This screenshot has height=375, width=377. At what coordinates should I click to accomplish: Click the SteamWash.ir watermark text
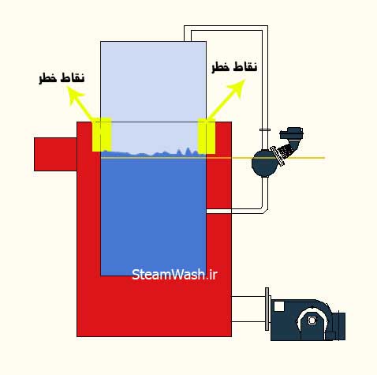click(x=174, y=275)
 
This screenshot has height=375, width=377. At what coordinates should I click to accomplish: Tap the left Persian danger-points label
click(x=62, y=78)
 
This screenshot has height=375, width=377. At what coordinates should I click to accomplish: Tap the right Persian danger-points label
click(x=234, y=66)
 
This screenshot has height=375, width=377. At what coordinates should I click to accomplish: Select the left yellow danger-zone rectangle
click(x=102, y=134)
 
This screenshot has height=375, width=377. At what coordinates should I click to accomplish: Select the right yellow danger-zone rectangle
click(x=207, y=136)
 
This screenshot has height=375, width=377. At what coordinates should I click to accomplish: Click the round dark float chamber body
click(x=263, y=163)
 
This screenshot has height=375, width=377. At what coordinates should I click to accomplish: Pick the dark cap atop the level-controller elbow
click(x=291, y=133)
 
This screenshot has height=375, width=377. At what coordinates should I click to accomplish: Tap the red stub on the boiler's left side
click(x=55, y=154)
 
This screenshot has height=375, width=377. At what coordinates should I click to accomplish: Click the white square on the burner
click(x=279, y=306)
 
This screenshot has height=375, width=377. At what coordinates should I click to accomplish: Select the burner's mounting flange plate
click(x=267, y=309)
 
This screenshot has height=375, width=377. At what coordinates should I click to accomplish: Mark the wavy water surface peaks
click(x=154, y=152)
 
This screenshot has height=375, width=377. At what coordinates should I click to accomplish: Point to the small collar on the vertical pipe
click(x=265, y=129)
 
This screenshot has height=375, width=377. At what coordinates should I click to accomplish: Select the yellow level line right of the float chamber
click(x=305, y=158)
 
